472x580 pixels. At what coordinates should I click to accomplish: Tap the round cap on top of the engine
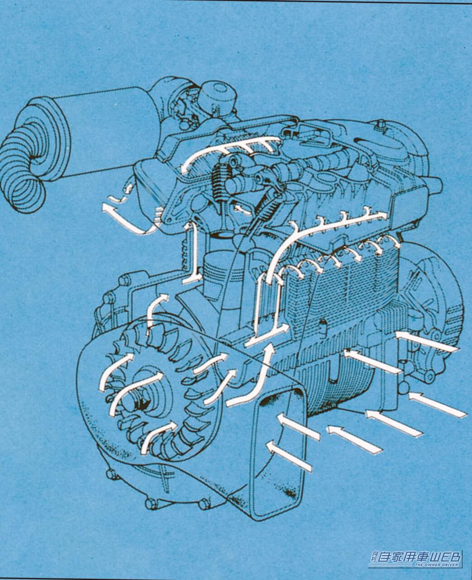[218, 94]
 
